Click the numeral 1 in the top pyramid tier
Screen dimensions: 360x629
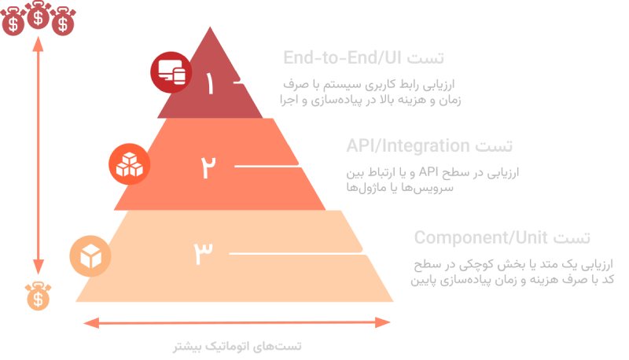pos(209,83)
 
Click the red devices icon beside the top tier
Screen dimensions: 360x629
pos(171,73)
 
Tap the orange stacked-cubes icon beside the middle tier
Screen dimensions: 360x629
pos(127,164)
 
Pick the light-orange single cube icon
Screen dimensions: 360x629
pos(90,256)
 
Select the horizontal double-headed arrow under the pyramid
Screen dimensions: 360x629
pos(237,322)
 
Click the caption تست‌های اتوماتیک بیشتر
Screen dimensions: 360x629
pos(237,346)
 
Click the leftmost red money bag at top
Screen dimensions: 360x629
pos(13,24)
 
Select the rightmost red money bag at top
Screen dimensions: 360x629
pos(61,24)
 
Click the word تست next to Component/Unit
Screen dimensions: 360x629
pos(572,237)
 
